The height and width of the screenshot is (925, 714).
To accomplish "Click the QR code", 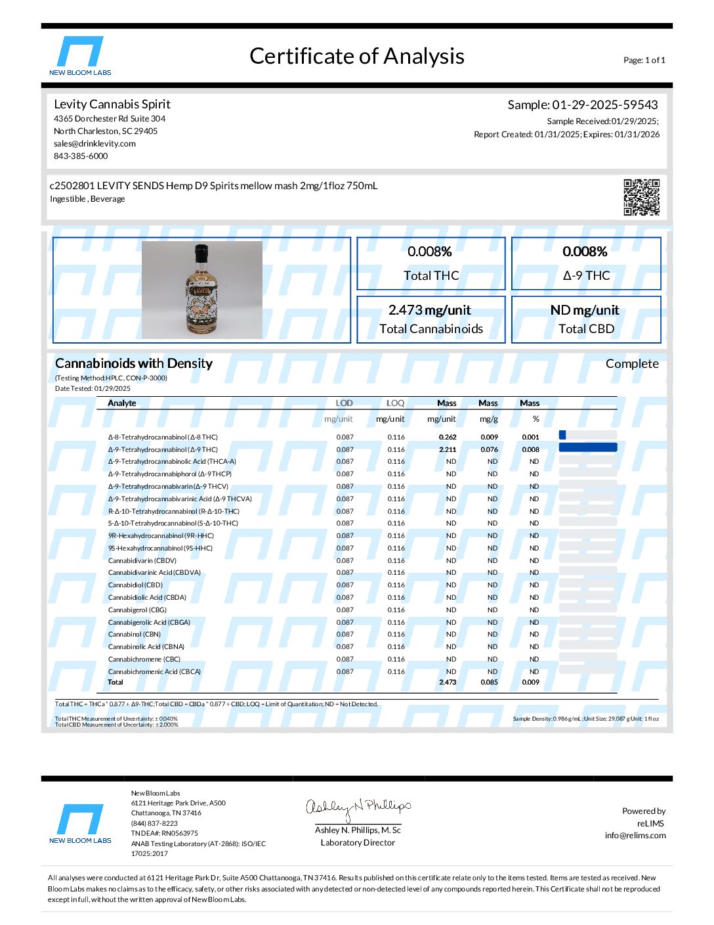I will (x=641, y=196).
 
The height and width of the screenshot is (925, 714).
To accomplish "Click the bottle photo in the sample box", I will (x=202, y=290).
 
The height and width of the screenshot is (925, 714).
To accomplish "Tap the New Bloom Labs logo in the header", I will (x=80, y=56).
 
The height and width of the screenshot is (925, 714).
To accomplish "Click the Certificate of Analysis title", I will (x=357, y=56).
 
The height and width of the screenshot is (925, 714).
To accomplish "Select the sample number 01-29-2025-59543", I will (x=604, y=105).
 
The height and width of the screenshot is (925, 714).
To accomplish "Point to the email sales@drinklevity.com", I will (x=94, y=144).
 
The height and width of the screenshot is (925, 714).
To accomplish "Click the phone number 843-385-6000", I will (x=81, y=156).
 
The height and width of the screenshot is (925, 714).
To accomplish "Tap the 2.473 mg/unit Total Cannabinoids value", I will (x=430, y=310).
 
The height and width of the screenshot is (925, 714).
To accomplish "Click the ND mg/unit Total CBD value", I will (x=585, y=310).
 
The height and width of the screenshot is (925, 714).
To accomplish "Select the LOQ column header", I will (x=395, y=403).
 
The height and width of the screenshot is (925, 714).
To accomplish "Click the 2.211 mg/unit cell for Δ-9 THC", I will (x=448, y=450).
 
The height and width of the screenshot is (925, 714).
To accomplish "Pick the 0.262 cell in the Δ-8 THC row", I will (x=448, y=438).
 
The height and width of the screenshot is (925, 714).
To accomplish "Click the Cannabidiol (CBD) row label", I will (x=135, y=585).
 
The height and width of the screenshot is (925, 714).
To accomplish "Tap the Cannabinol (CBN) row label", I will (x=135, y=635).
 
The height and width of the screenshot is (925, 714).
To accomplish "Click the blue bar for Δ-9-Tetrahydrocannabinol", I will (x=587, y=448).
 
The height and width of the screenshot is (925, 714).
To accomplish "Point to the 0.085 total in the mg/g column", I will (x=489, y=683).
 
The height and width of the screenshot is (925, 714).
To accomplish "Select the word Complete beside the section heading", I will (x=632, y=364).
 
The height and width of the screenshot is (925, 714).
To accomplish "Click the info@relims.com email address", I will (x=635, y=836).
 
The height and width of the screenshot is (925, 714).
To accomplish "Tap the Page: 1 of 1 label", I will (x=644, y=60).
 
